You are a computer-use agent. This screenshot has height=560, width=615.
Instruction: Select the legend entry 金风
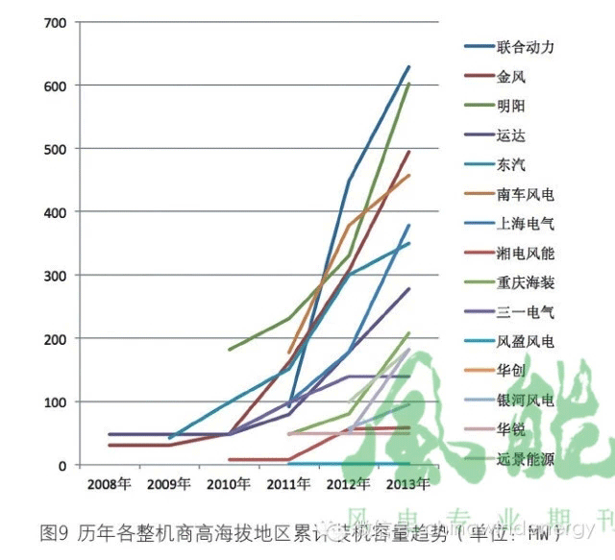click(x=511, y=77)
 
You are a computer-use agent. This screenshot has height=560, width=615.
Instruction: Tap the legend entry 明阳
click(x=511, y=106)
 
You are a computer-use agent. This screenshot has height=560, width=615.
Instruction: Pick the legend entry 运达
click(x=511, y=135)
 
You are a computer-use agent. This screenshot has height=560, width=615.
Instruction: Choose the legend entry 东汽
click(x=511, y=165)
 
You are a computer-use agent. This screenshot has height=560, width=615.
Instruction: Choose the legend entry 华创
click(x=511, y=371)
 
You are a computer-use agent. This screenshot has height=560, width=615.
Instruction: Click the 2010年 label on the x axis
click(x=230, y=483)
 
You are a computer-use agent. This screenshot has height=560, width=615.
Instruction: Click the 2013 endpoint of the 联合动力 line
click(x=409, y=66)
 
